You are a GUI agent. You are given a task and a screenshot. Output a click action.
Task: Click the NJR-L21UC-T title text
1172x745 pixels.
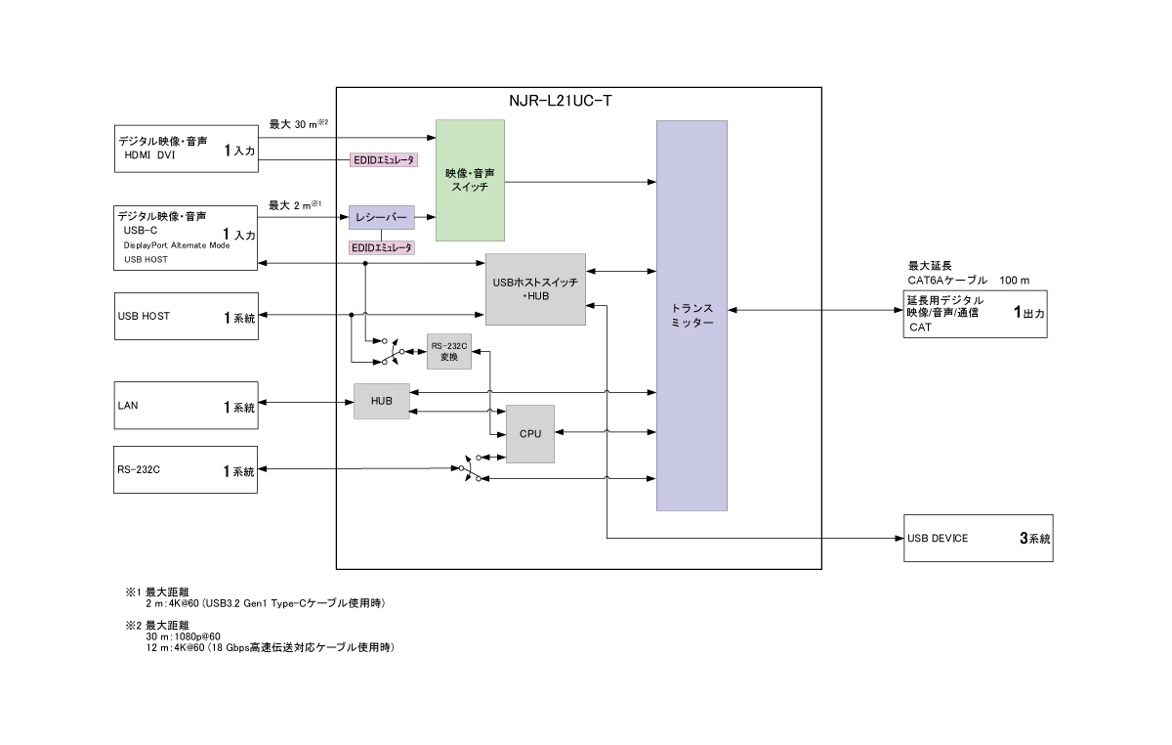coord(561,101)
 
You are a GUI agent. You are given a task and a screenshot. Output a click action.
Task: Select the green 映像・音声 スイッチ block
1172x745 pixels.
coord(470,180)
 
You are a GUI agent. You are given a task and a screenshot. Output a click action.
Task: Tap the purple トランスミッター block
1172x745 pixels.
coord(691,315)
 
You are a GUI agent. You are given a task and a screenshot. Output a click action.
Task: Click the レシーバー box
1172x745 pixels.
coord(382,218)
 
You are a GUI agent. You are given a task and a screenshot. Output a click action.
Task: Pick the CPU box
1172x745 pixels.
coord(530,433)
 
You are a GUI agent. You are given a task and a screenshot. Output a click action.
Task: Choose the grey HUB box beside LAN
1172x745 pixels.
coord(382,401)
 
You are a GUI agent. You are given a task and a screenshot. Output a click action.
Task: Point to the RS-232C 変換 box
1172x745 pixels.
coord(449,352)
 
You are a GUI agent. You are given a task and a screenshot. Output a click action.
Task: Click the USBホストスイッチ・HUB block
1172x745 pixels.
coord(535,288)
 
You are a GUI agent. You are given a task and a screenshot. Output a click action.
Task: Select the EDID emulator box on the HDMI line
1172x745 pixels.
coord(383,158)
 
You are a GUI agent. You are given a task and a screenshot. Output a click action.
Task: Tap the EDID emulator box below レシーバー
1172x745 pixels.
coord(382,248)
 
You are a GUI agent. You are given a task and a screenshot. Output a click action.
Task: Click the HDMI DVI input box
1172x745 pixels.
coord(187,148)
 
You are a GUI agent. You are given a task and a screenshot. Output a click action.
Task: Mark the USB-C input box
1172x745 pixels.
coord(187,237)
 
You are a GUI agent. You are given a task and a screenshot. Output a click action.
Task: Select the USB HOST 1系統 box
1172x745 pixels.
coord(187,316)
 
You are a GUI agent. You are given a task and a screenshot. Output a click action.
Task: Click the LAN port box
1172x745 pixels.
coord(187,406)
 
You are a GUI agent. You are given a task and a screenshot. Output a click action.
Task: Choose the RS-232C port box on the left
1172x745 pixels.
coord(187,470)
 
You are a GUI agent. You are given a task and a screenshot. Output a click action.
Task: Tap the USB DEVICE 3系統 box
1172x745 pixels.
coord(979,538)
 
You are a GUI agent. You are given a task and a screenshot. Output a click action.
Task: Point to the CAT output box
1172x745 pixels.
coord(975,314)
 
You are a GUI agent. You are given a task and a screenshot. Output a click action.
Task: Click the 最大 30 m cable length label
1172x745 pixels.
coord(296,124)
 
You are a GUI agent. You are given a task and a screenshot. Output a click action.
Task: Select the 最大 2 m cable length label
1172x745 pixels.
coord(294,205)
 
